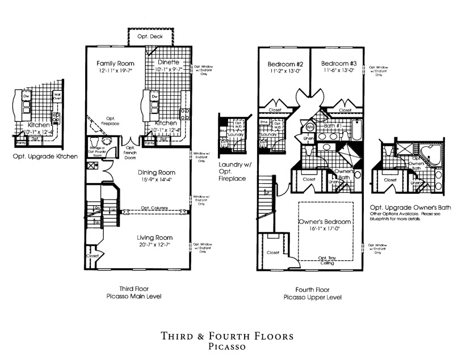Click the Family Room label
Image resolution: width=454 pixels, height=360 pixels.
coord(114,63)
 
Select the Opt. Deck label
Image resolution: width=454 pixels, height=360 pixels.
coord(150,36)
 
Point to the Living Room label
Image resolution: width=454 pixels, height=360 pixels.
coord(154,237)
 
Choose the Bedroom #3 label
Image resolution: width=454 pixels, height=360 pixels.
coord(339,63)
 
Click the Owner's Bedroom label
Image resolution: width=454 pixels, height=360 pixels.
coord(325,222)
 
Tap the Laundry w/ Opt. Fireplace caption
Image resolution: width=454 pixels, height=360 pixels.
coord(232,171)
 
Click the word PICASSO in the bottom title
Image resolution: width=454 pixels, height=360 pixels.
coord(227,345)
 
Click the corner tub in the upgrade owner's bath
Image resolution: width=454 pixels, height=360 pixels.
coord(431,155)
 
